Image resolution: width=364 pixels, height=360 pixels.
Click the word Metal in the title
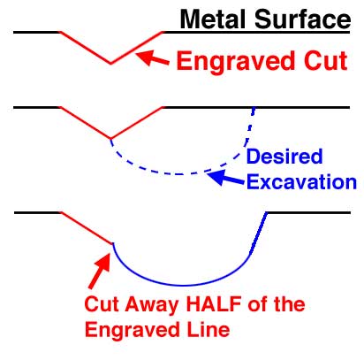click(213, 19)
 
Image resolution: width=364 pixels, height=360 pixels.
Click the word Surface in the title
click(302, 19)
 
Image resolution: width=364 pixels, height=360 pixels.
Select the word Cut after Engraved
click(326, 61)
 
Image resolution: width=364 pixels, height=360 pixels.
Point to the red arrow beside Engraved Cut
click(152, 57)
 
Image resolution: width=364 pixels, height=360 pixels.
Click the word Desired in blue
click(284, 157)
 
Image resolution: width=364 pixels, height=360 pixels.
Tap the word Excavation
click(301, 182)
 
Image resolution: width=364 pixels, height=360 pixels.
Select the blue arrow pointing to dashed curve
click(225, 178)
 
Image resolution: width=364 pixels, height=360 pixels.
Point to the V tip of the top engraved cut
click(110, 63)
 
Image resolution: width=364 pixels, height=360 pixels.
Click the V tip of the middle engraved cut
click(110, 138)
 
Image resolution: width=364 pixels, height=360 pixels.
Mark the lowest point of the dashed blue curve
click(178, 174)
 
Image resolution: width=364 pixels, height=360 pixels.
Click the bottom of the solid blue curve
click(183, 286)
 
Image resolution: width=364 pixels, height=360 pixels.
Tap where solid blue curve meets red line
click(113, 243)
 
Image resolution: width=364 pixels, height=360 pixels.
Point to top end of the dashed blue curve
click(254, 109)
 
